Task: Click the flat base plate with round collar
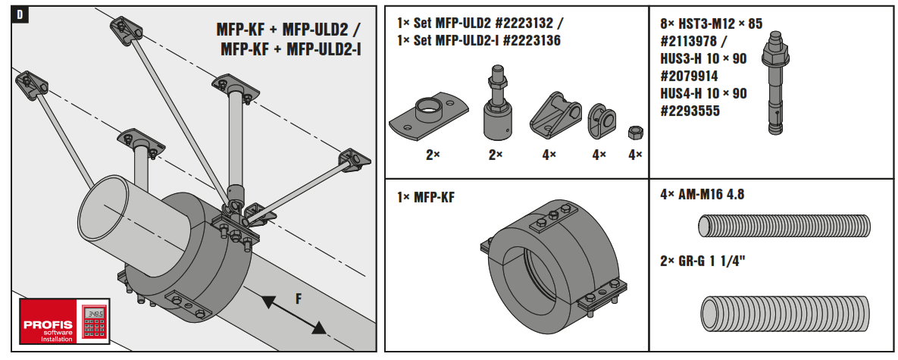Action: pyautogui.click(x=426, y=118)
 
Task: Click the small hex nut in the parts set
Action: pyautogui.click(x=634, y=133)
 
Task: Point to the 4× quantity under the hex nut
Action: pyautogui.click(x=634, y=155)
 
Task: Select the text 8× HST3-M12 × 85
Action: pyautogui.click(x=711, y=23)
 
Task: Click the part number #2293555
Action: pyautogui.click(x=689, y=111)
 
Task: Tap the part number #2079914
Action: pyautogui.click(x=689, y=76)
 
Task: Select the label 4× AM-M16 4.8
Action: pyautogui.click(x=702, y=194)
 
